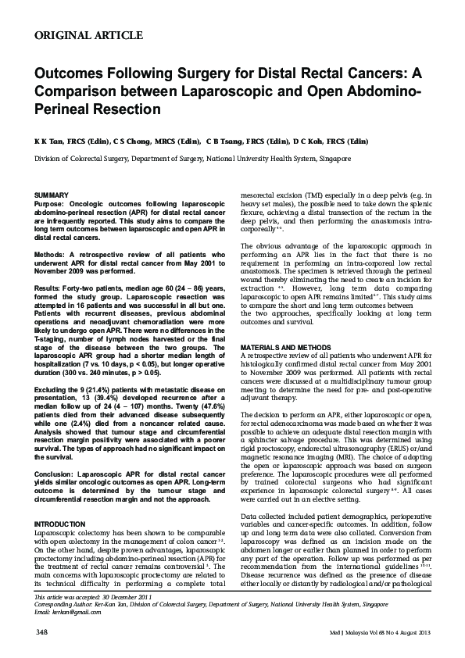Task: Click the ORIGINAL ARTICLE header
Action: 89,36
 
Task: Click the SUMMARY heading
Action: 54,193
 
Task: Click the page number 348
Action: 43,632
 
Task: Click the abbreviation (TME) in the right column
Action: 317,193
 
